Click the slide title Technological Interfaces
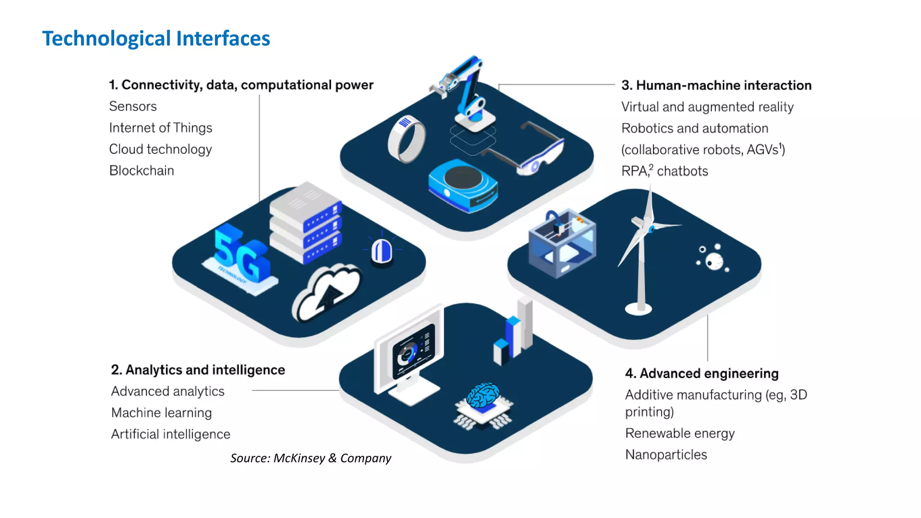[156, 39]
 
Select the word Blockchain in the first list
[142, 171]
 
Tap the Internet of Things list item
[161, 128]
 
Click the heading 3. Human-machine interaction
[716, 85]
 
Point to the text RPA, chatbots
[664, 171]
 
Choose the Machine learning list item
[161, 413]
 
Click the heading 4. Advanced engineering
[702, 374]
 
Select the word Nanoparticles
[666, 455]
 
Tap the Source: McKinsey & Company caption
[311, 458]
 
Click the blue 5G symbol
[241, 255]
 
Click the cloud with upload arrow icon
[327, 293]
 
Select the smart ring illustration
[407, 139]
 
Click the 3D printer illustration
[562, 243]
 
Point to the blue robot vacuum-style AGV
[463, 185]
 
